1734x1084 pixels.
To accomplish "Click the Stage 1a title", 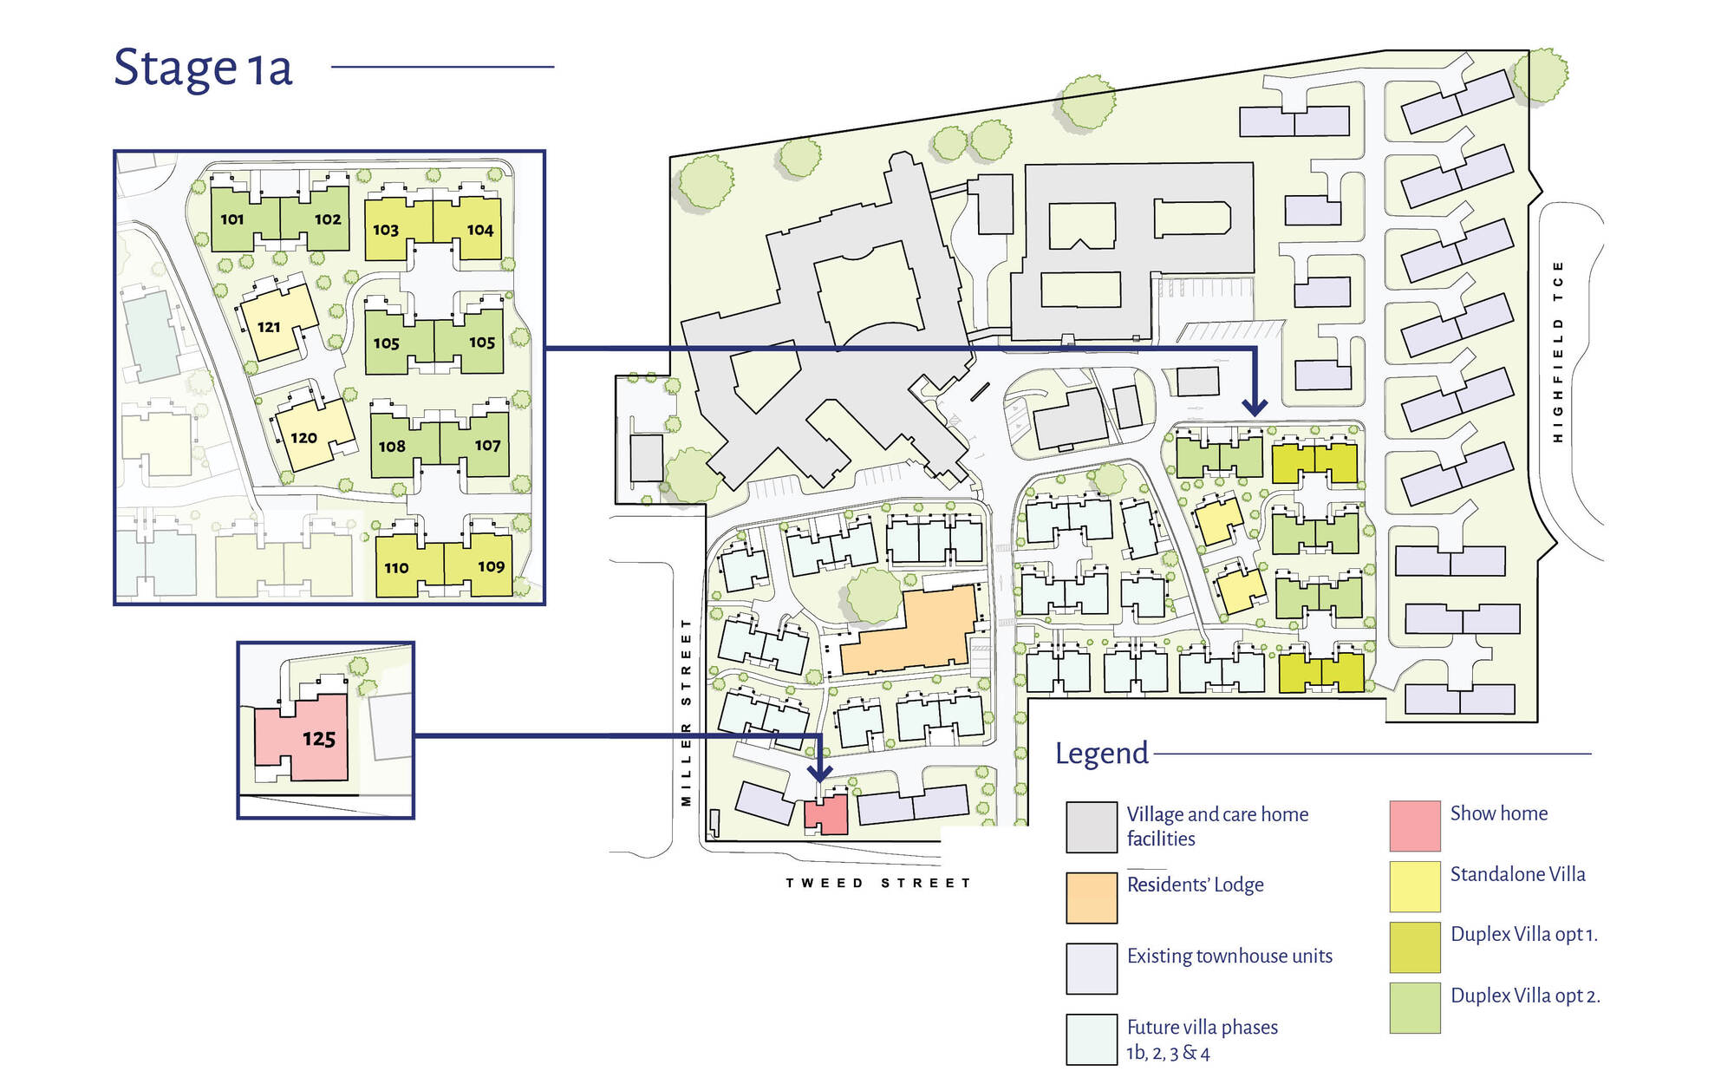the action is pos(203,68).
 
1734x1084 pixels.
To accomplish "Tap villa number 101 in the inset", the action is pos(232,219).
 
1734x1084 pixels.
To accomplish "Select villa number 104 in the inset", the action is pos(480,230).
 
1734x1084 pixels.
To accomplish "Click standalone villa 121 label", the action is pos(269,327).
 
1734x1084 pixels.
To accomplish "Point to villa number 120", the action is pos(303,438).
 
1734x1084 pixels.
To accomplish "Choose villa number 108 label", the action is pos(392,447).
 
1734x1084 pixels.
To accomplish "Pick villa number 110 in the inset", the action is pos(396,568).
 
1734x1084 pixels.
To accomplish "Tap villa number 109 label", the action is pos(491,566).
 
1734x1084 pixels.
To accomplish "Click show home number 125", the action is pos(319,739).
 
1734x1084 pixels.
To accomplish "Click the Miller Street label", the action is pos(686,712).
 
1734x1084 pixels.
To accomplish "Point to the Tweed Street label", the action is pos(878,883).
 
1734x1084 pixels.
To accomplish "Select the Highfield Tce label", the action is pos(1558,351).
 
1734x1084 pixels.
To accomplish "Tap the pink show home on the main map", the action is pos(826,815).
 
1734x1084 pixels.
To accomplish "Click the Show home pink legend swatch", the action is pos(1415,826).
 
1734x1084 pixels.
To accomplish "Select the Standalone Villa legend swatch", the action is pos(1415,886).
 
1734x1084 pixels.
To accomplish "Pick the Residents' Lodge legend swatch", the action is pos(1092,898).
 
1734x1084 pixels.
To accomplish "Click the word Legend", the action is pos(1102,754).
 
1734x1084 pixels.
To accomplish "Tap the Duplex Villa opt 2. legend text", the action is pos(1525,996).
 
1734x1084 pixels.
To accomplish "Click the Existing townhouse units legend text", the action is pos(1229,956).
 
